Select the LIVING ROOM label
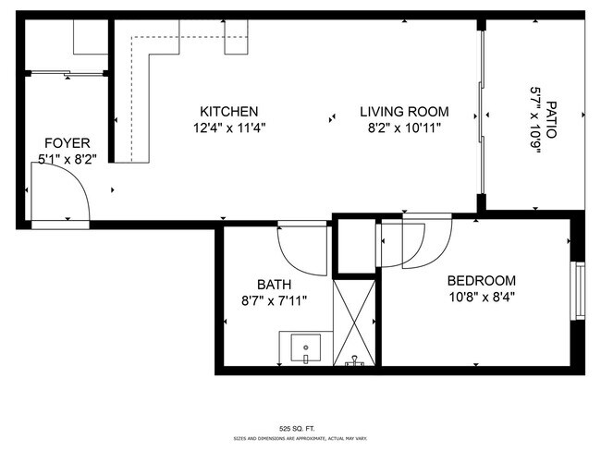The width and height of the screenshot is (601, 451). (399, 112)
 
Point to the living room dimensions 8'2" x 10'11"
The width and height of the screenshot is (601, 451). (399, 128)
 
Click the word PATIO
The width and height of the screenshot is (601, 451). (551, 119)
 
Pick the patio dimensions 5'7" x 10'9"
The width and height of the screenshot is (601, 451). (534, 119)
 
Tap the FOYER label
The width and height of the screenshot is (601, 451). (67, 143)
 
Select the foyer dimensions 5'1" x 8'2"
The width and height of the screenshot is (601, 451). (67, 159)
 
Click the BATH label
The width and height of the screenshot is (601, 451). (275, 285)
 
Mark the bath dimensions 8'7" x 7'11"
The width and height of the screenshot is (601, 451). (275, 300)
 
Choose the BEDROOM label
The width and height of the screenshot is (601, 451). (481, 281)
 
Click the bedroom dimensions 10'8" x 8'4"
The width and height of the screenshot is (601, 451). (481, 297)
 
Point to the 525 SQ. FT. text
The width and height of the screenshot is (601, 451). (301, 428)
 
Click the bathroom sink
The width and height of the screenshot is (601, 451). (304, 349)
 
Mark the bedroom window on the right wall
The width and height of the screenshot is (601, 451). (579, 292)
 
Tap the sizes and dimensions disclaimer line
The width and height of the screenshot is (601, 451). (301, 438)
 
